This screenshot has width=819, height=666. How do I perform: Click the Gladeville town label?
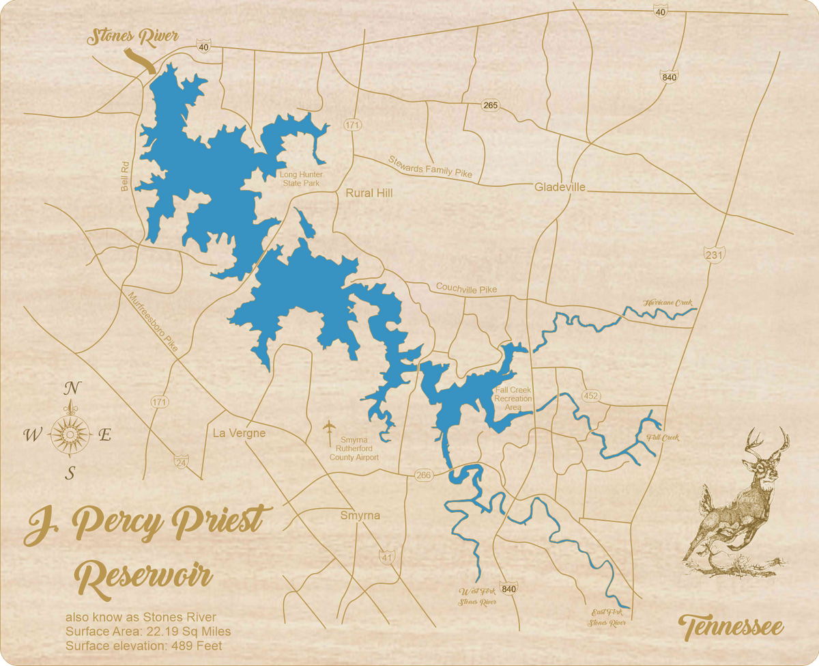click(x=560, y=187)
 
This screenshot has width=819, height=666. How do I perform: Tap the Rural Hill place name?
click(x=369, y=193)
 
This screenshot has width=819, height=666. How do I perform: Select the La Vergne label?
click(x=239, y=433)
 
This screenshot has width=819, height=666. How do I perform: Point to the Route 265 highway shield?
click(x=490, y=105)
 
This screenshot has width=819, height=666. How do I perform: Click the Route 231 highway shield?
click(x=714, y=254)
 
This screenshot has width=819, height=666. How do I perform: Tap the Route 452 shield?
click(x=590, y=396)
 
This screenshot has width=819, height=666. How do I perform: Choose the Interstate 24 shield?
click(x=181, y=462)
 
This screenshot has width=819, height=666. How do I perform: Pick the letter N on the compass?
click(x=70, y=389)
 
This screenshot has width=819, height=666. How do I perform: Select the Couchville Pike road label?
click(x=466, y=288)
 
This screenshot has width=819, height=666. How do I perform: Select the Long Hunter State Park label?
click(x=301, y=179)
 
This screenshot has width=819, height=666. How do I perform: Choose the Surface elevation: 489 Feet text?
click(x=143, y=646)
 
